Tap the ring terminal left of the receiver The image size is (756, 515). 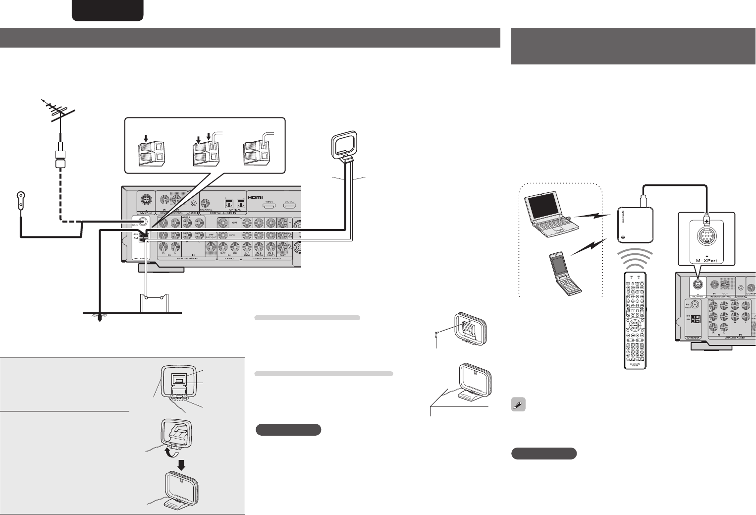click(x=20, y=198)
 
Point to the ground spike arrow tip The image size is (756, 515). click(x=100, y=320)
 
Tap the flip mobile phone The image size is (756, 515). click(x=564, y=273)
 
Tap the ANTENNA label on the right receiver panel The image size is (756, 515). click(x=693, y=338)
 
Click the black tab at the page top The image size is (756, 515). click(x=108, y=10)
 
